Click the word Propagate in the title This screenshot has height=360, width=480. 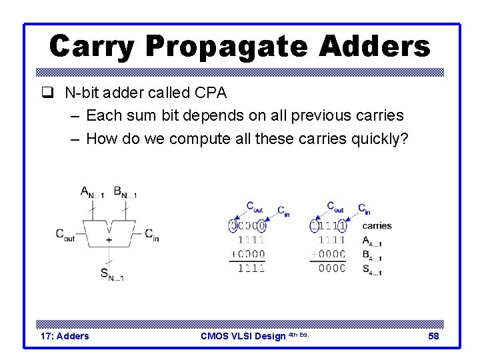click(227, 47)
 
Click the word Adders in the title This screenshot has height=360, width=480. click(375, 47)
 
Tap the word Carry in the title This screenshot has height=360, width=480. click(92, 47)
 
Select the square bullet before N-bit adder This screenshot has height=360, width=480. click(54, 92)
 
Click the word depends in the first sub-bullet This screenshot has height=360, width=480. click(217, 115)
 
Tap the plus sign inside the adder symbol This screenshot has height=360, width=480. click(109, 239)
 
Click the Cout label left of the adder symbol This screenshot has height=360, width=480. click(65, 235)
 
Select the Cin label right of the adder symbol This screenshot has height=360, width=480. click(151, 235)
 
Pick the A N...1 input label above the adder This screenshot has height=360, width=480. click(92, 193)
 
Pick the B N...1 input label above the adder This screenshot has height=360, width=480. click(125, 193)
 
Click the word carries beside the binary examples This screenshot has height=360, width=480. click(377, 226)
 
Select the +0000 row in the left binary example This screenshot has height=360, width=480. click(247, 254)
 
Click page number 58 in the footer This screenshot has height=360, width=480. click(433, 336)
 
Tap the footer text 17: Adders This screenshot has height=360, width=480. click(65, 336)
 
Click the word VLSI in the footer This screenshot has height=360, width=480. click(244, 336)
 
